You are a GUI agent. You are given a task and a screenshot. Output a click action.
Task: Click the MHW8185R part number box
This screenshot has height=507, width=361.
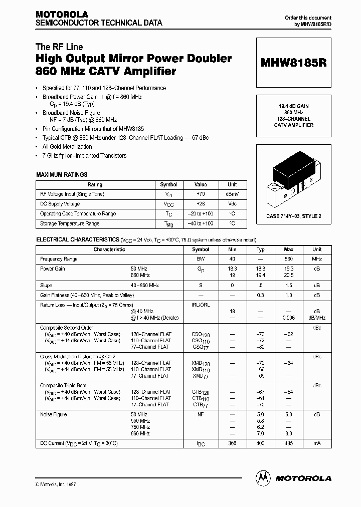(x=293, y=64)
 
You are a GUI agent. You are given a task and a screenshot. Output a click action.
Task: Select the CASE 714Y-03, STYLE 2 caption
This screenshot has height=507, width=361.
(x=293, y=216)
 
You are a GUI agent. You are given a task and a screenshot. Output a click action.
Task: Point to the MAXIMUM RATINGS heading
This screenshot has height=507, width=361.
(x=62, y=175)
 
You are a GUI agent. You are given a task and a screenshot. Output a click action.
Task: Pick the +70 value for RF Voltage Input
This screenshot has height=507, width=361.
(x=200, y=194)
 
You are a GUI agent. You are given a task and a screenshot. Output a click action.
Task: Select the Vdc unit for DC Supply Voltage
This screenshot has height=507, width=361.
(x=232, y=204)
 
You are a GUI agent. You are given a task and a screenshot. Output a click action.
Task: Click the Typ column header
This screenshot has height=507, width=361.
(x=260, y=249)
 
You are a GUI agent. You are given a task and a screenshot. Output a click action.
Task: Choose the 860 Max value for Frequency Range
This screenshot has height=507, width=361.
(x=288, y=259)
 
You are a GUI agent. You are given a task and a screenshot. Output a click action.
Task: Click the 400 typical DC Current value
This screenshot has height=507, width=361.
(x=260, y=444)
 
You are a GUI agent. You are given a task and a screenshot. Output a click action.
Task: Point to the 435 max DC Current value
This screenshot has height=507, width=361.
(x=288, y=444)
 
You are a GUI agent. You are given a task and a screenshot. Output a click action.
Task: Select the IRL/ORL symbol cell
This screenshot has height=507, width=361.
(x=201, y=305)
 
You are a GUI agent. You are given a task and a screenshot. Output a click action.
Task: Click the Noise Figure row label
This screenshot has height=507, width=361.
(x=53, y=415)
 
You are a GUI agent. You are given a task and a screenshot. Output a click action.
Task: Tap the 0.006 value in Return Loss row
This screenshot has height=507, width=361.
(x=288, y=318)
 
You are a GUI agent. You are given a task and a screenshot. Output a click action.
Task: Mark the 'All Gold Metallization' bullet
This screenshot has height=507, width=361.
(x=67, y=147)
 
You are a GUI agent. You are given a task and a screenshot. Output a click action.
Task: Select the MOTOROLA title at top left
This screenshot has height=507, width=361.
(x=62, y=15)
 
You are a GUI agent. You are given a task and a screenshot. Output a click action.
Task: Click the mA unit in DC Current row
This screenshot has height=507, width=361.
(x=317, y=444)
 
